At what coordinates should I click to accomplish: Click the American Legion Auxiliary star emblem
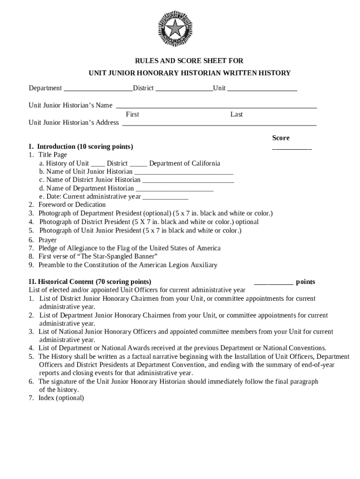point(175,29)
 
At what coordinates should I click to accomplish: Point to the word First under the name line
point(132,115)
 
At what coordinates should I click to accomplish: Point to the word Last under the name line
point(237,115)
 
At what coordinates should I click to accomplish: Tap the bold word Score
point(281,138)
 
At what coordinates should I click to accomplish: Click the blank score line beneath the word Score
point(292,148)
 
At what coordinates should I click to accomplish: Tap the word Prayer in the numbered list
point(47,240)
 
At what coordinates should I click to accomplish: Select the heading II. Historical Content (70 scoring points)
point(90,282)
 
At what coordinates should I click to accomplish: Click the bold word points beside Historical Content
point(305,282)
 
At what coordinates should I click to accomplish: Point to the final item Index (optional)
point(61,398)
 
